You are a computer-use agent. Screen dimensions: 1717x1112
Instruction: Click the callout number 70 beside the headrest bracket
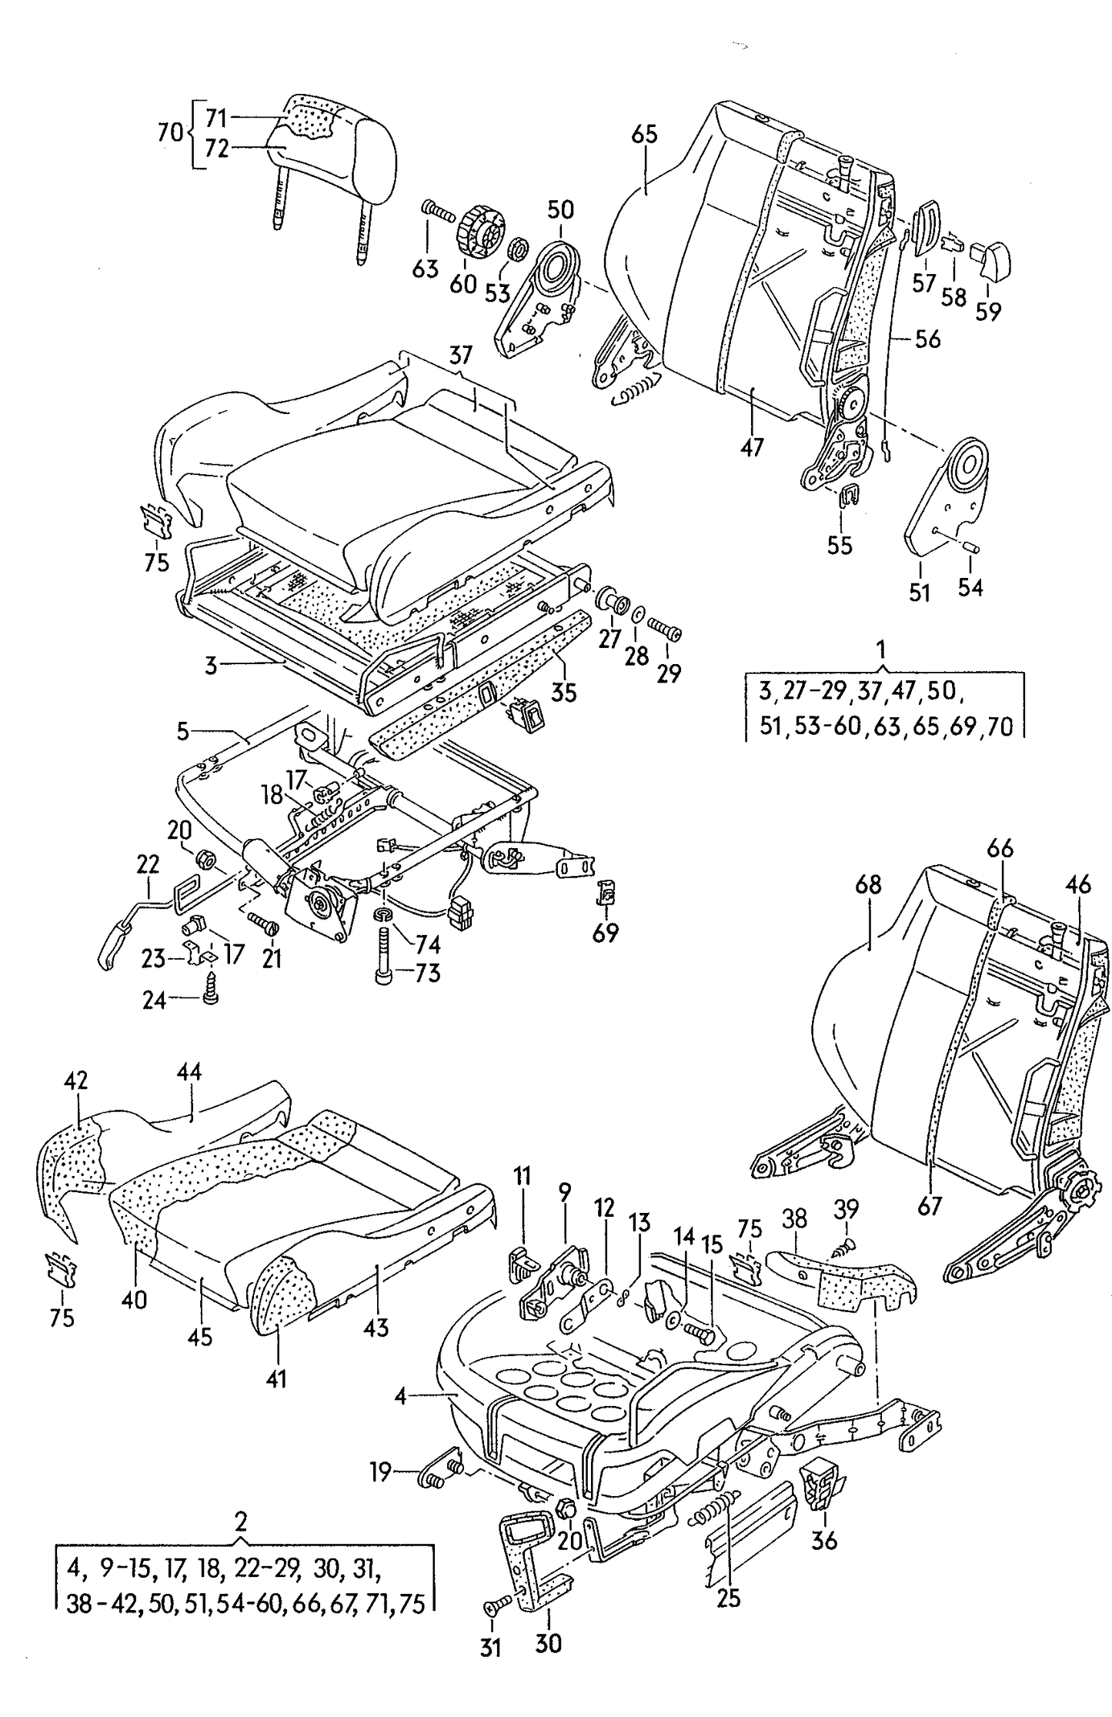coord(170,132)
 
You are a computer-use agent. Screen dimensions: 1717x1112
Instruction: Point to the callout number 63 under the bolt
coord(426,269)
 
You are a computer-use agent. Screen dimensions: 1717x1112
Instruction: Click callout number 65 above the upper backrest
coord(644,135)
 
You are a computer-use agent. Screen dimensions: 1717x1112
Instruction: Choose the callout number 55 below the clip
coord(840,545)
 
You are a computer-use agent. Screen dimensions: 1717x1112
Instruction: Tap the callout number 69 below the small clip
coord(606,934)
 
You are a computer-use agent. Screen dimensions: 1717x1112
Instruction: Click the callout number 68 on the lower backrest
coord(868,885)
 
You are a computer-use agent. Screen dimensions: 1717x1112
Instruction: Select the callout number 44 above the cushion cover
coord(189,1071)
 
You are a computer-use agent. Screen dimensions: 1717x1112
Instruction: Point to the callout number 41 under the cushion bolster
coord(276,1378)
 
